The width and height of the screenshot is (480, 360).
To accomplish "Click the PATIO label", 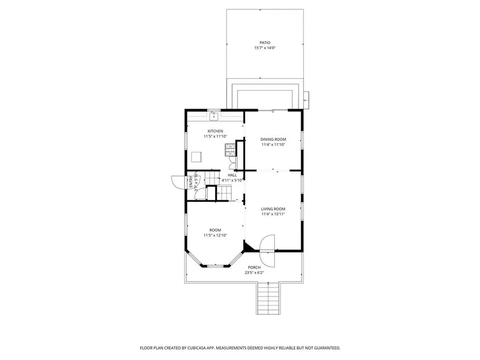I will click(265, 43).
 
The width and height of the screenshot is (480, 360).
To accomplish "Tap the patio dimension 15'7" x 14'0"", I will click(265, 48).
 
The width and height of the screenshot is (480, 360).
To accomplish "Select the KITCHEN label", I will click(216, 131).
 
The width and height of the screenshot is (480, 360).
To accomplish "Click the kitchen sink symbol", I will click(214, 113).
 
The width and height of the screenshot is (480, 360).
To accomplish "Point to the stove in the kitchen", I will click(230, 150).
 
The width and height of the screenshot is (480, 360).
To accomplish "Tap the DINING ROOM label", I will click(273, 139).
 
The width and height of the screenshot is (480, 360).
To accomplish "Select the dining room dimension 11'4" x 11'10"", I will click(273, 145).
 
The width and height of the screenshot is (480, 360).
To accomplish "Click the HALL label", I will click(232, 175).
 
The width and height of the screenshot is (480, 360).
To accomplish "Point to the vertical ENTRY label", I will click(191, 182).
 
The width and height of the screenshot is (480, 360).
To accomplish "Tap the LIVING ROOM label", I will click(273, 209).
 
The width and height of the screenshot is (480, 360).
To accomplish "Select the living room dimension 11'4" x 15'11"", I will click(273, 214).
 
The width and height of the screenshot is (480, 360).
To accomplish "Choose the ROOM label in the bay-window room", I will click(215, 230).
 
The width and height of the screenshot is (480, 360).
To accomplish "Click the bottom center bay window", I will click(216, 266).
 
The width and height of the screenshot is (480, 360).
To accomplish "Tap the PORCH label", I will click(255, 267).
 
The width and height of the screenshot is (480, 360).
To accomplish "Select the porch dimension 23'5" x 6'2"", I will click(255, 273).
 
